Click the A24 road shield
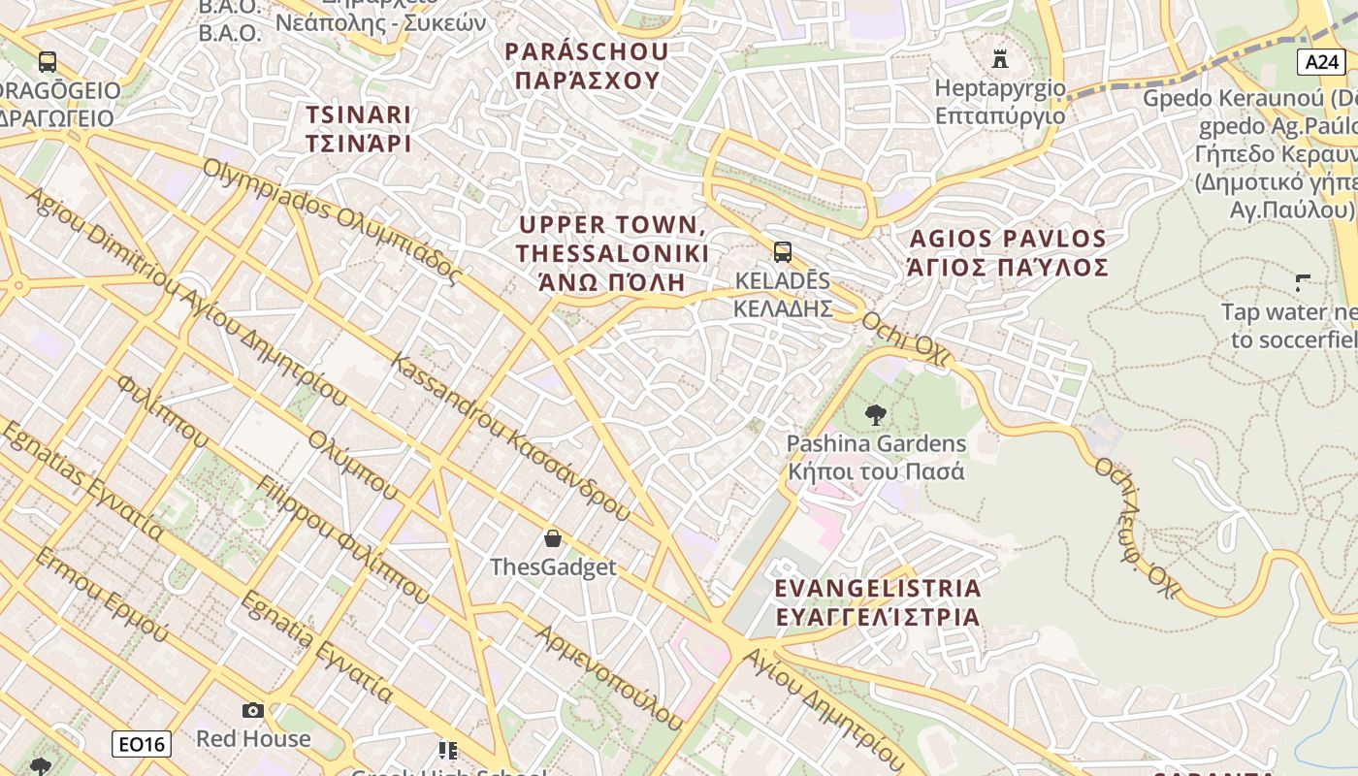(1321, 62)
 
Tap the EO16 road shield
(142, 744)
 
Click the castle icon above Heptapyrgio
(1000, 58)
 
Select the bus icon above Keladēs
(782, 252)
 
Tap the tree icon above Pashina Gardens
(875, 415)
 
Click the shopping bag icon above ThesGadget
(553, 537)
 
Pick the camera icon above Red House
(253, 711)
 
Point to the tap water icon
(1303, 283)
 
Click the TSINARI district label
(359, 129)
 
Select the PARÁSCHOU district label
(587, 65)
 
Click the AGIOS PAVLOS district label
(1008, 252)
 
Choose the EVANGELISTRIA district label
(878, 602)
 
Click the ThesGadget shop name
(553, 566)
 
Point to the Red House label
(253, 738)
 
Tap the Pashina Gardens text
(876, 458)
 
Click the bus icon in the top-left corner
(48, 62)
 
